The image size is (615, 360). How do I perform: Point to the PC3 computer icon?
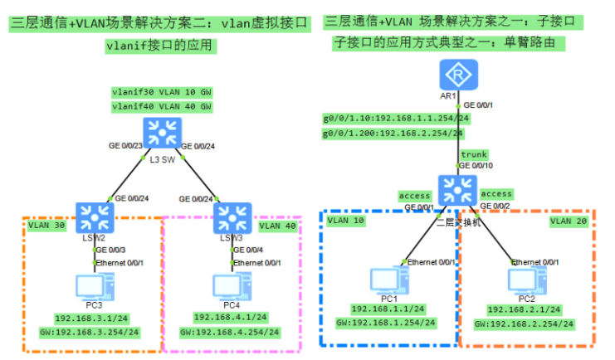coord(89,287)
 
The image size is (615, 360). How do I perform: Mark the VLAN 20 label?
coord(569,221)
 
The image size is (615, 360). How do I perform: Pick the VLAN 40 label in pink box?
coord(277,225)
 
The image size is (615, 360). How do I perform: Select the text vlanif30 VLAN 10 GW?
coord(161,91)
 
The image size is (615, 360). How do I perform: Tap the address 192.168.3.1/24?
coord(89,318)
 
